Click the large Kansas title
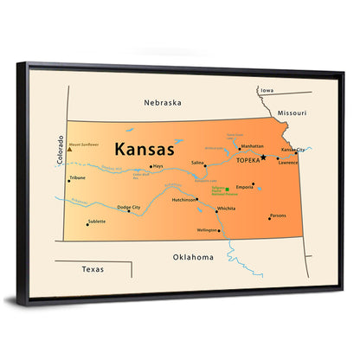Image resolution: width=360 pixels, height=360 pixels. click(x=144, y=147)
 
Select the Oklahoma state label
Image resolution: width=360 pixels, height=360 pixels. click(x=192, y=256)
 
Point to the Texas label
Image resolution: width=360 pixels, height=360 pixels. click(x=93, y=269)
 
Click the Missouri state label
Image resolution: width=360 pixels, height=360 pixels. click(x=292, y=112)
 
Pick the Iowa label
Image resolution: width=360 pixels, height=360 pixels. click(x=267, y=90)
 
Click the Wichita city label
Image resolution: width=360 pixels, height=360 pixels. click(x=227, y=209)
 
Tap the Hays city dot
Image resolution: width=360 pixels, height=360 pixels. click(x=151, y=167)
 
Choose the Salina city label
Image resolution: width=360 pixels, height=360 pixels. click(x=197, y=162)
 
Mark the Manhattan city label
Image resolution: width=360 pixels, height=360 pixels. click(x=252, y=146)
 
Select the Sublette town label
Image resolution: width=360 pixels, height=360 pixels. click(x=97, y=221)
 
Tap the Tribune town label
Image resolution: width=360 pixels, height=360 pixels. click(x=78, y=178)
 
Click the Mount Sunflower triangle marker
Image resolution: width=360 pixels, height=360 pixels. click(x=69, y=149)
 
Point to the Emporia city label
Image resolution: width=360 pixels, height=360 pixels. click(x=245, y=186)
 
